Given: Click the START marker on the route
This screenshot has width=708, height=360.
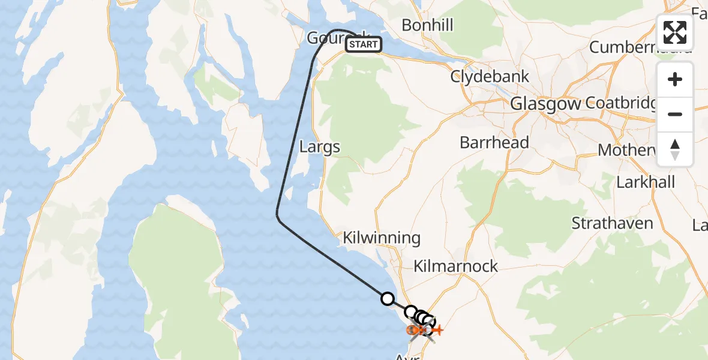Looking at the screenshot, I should pyautogui.click(x=364, y=44).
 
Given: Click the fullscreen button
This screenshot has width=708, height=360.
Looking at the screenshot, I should pyautogui.click(x=675, y=32).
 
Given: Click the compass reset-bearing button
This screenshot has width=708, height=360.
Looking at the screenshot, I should pyautogui.click(x=675, y=149).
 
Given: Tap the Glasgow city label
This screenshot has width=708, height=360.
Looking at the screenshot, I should pyautogui.click(x=545, y=104).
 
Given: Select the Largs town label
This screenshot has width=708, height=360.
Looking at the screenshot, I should pyautogui.click(x=320, y=146).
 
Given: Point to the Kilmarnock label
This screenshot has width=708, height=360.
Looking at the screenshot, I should pyautogui.click(x=456, y=266).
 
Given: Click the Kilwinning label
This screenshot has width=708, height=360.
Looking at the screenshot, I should pyautogui.click(x=382, y=238).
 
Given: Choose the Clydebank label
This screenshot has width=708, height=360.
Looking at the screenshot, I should pyautogui.click(x=490, y=77).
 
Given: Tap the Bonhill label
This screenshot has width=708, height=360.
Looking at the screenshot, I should pyautogui.click(x=428, y=25).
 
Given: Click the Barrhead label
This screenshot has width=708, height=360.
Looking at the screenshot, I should pyautogui.click(x=494, y=142).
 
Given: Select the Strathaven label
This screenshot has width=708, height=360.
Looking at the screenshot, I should pyautogui.click(x=612, y=223).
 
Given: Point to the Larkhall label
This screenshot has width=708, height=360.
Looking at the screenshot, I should pyautogui.click(x=646, y=182).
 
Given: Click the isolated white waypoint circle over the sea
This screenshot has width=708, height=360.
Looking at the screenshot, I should pyautogui.click(x=388, y=298).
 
